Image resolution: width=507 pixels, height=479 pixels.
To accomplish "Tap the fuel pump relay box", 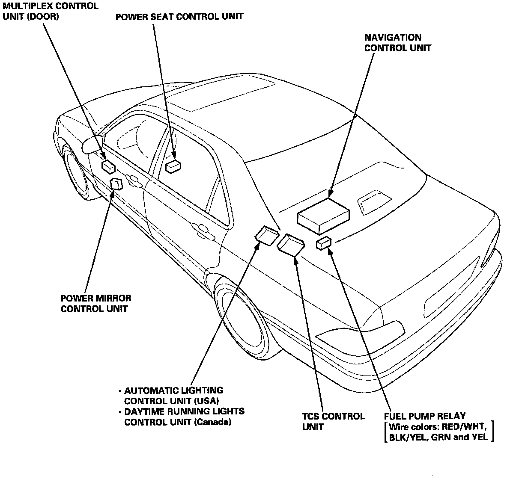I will click(x=324, y=243).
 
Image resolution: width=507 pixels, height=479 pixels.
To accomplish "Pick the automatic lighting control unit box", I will click(x=267, y=235).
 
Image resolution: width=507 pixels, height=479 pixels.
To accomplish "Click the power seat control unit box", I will click(x=173, y=166).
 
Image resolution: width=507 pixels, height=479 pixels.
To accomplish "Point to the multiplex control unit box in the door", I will click(x=108, y=166).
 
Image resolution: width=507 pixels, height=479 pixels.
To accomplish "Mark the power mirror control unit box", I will click(x=116, y=184).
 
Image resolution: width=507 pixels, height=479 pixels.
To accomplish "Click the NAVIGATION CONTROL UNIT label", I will click(x=397, y=42).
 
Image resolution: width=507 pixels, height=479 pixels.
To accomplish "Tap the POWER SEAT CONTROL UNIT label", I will click(x=179, y=17).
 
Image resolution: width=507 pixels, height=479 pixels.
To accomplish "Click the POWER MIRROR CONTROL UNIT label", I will click(x=96, y=303).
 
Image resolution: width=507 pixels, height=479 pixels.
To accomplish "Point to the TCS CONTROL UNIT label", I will click(x=333, y=421).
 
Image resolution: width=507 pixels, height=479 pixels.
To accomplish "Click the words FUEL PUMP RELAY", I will click(x=424, y=416).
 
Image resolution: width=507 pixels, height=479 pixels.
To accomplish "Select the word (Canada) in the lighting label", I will click(x=212, y=422).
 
